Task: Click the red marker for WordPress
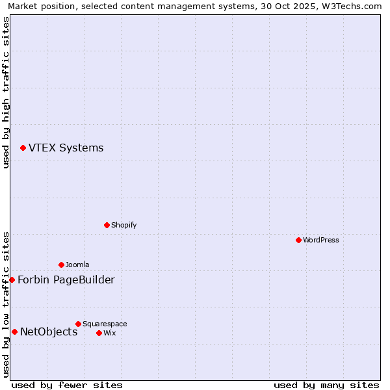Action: (298, 240)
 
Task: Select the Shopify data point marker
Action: (107, 225)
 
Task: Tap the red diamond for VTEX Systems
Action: (23, 148)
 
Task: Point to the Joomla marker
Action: (61, 265)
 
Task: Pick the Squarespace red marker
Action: (78, 324)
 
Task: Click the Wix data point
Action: (99, 333)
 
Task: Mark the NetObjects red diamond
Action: (14, 331)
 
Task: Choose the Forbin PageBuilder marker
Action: (12, 279)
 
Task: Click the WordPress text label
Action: (321, 240)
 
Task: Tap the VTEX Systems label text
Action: (66, 148)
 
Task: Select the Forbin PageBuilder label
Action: (66, 279)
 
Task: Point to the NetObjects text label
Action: (49, 331)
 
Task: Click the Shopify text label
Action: (123, 225)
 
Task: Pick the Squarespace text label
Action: (105, 324)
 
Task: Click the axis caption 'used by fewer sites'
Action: (67, 385)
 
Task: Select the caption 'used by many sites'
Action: (326, 385)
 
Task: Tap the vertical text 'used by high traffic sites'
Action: (6, 92)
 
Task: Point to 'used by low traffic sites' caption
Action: (6, 304)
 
